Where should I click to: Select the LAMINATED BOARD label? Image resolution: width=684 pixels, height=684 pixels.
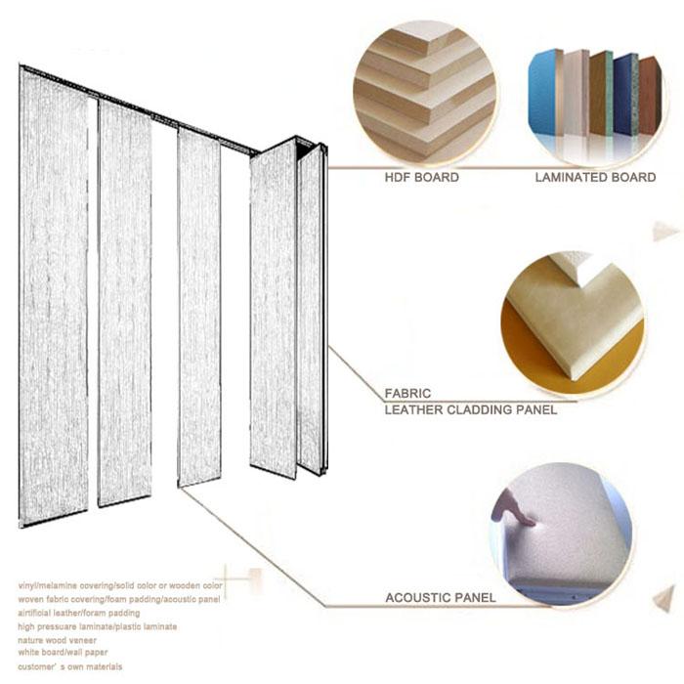(x=595, y=178)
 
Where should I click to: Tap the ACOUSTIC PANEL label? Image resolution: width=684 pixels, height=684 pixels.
(x=441, y=597)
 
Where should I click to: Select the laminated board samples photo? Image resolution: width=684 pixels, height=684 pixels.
(x=594, y=94)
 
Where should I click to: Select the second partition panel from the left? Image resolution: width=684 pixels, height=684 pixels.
(x=124, y=303)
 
